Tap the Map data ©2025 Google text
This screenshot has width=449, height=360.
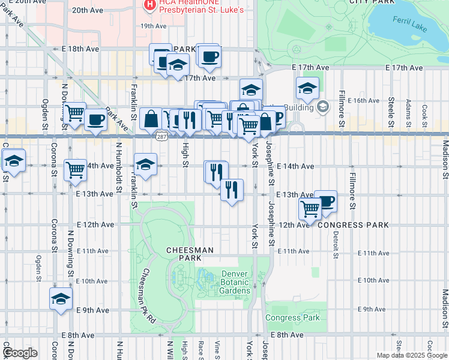coord(411,355)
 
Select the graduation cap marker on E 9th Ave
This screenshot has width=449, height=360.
coord(61,298)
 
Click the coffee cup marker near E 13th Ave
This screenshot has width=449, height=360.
coord(325,201)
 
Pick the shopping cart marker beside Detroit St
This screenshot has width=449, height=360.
coord(310,209)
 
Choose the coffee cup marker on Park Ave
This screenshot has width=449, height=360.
coord(95,119)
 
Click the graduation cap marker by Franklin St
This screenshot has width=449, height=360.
coord(145,163)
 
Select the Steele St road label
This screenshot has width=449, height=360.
coord(391,109)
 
